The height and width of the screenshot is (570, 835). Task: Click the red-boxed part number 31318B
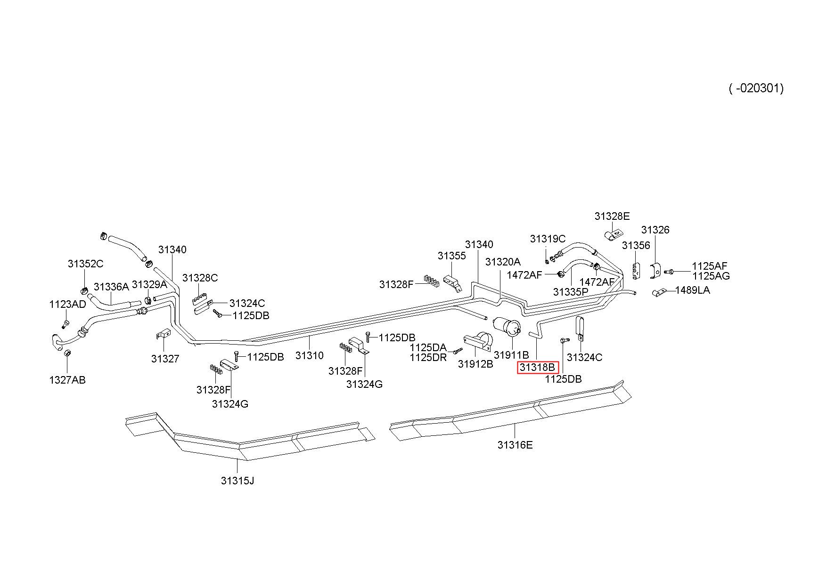538,368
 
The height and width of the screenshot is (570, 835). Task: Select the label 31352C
85,264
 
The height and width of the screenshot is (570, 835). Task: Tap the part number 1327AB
67,380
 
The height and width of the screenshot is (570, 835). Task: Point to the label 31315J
237,481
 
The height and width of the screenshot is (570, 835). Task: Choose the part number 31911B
512,355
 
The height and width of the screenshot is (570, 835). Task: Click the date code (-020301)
756,88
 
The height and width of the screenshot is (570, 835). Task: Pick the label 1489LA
692,290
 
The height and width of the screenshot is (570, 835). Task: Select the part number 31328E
612,217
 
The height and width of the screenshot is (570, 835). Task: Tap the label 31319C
548,239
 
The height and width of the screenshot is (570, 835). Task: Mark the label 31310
310,356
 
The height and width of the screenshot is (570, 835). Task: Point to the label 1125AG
711,276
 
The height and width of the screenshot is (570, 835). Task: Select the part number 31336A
111,287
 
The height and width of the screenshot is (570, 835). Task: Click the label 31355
451,256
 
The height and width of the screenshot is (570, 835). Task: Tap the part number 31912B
475,364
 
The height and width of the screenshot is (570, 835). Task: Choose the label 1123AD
67,305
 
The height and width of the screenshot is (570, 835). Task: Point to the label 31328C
200,278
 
